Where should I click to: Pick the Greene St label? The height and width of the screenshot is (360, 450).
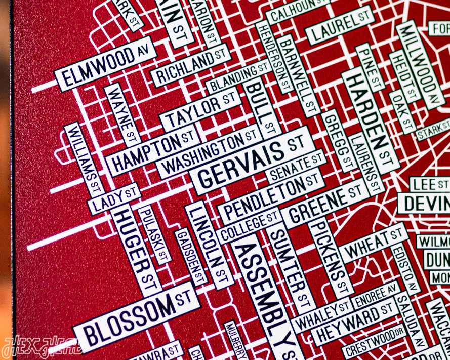[x=324, y=202]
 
